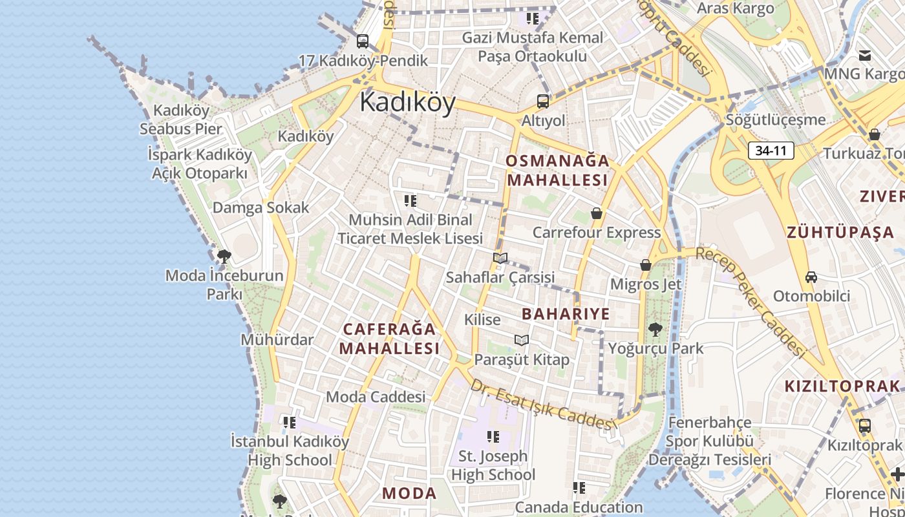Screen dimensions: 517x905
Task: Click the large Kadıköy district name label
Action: coord(407,102)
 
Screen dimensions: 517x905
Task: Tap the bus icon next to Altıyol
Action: coord(542,101)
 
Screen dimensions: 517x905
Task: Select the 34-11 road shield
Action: coord(771,151)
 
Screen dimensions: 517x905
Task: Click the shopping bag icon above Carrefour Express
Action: coord(597,213)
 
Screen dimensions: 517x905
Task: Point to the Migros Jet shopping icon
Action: coord(645,265)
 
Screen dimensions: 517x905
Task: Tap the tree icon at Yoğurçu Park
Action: coord(655,330)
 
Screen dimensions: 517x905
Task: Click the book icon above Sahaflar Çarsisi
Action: coord(500,258)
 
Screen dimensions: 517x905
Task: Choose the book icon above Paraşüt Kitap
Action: coord(522,340)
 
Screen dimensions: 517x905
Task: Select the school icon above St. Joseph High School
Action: coord(493,437)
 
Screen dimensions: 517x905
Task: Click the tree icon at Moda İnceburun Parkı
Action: coord(224,257)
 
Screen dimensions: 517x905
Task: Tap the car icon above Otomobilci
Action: coord(811,277)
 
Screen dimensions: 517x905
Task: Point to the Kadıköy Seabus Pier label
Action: coord(181,120)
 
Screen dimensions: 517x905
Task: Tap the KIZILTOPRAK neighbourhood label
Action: coord(842,386)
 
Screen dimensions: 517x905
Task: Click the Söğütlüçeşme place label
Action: coord(776,120)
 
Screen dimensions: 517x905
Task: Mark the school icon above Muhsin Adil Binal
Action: coord(410,201)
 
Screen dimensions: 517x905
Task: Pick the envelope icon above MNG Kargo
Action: coord(865,55)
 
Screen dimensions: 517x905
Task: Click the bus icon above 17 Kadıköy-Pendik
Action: coord(363,41)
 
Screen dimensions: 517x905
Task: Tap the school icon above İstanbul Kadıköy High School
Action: coord(289,423)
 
